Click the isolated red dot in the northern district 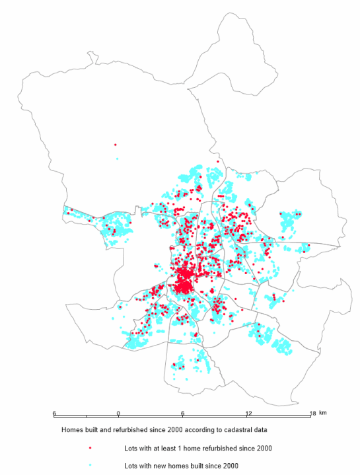click(x=115, y=144)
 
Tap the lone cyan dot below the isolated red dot click(x=117, y=159)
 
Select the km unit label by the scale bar click(x=323, y=413)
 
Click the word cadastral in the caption click(x=223, y=430)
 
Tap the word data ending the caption click(x=248, y=430)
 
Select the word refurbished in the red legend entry click(x=214, y=448)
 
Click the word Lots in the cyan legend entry click(x=131, y=466)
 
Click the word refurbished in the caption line click(x=118, y=430)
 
